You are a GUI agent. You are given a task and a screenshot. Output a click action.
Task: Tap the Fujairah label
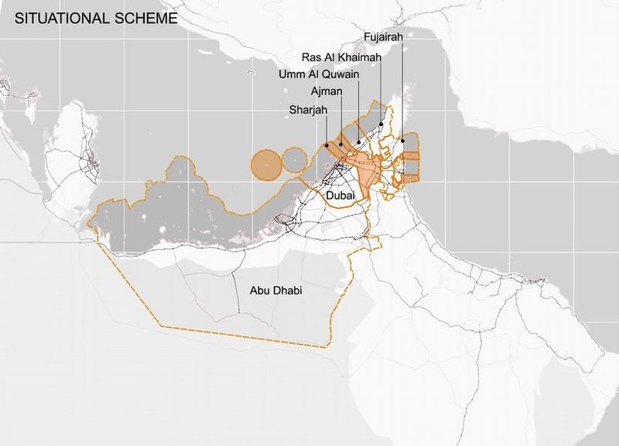coord(383,36)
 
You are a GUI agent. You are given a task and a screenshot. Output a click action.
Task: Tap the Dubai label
coord(341,197)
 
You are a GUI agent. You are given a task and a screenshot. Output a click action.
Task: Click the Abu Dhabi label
coord(275,291)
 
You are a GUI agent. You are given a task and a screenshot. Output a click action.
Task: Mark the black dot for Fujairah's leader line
coord(403,141)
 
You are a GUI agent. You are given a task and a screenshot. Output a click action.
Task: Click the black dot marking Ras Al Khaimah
coord(381,124)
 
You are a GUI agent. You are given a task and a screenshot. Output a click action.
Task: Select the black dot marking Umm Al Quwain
coord(358,143)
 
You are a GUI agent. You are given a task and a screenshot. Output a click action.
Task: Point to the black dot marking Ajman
coord(341,145)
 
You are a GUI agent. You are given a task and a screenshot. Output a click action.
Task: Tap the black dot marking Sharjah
coord(327,145)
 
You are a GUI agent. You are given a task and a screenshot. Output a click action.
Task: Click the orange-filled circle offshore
coord(266,163)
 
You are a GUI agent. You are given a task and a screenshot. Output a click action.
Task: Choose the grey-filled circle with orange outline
coord(296,161)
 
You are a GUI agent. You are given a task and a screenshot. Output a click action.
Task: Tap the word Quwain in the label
coord(340,74)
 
